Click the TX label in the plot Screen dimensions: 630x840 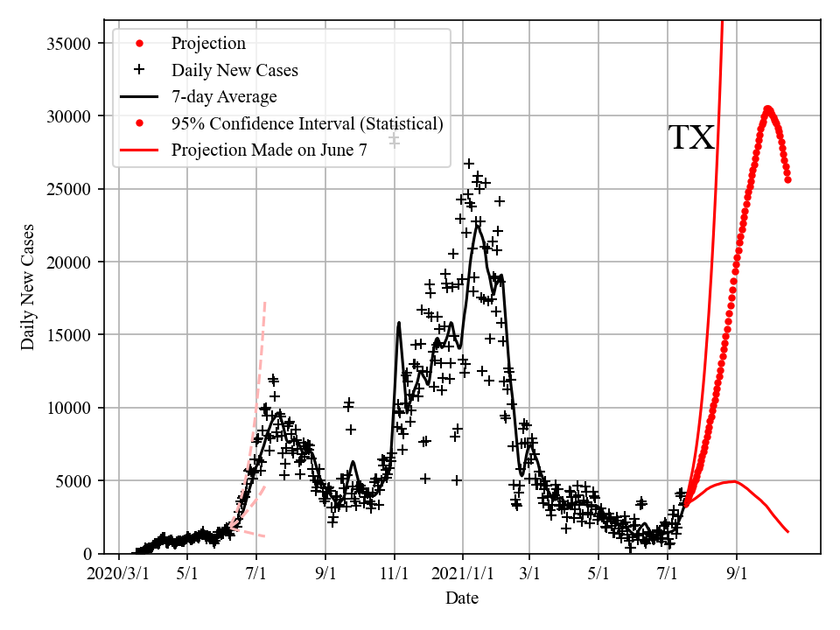pyautogui.click(x=691, y=138)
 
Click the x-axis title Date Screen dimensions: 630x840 pyautogui.click(x=462, y=598)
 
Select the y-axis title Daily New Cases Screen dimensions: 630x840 pyautogui.click(x=29, y=286)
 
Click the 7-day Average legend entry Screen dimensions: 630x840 pyautogui.click(x=224, y=96)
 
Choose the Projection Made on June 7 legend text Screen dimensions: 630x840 pyautogui.click(x=269, y=150)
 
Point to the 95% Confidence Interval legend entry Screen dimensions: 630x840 pyautogui.click(x=306, y=123)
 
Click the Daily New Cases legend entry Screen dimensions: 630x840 pyautogui.click(x=234, y=70)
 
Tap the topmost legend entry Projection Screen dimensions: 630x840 pyautogui.click(x=208, y=44)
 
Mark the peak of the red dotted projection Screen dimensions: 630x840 pyautogui.click(x=767, y=109)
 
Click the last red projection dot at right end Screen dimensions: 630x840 pyautogui.click(x=787, y=179)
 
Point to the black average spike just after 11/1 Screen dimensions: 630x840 pyautogui.click(x=399, y=323)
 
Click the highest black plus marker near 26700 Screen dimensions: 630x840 pyautogui.click(x=469, y=164)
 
